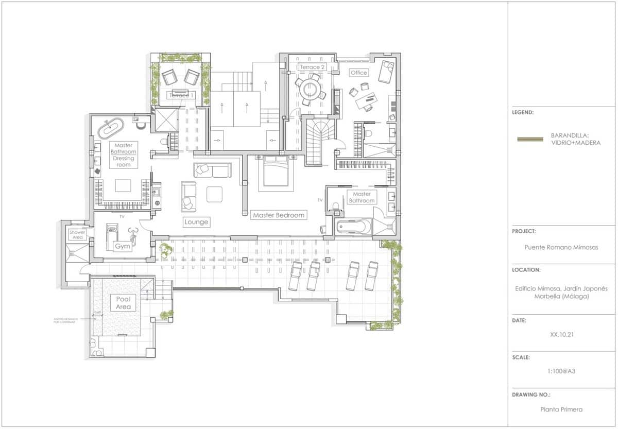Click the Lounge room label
coord(196,222)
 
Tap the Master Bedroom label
coord(278,215)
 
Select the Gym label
coord(123,247)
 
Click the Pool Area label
coord(123,303)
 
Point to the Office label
coord(359,73)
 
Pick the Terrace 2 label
coord(312,67)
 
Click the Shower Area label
coord(77,235)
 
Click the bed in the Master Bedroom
coord(276,172)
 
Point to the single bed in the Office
coord(386,71)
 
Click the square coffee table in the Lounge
coord(214,194)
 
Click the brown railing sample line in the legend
coord(530,139)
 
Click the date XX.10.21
coord(562,334)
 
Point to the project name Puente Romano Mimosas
coord(561,247)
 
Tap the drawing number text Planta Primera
coord(561,409)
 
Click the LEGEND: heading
coord(523,112)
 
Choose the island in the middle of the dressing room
coord(123,185)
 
